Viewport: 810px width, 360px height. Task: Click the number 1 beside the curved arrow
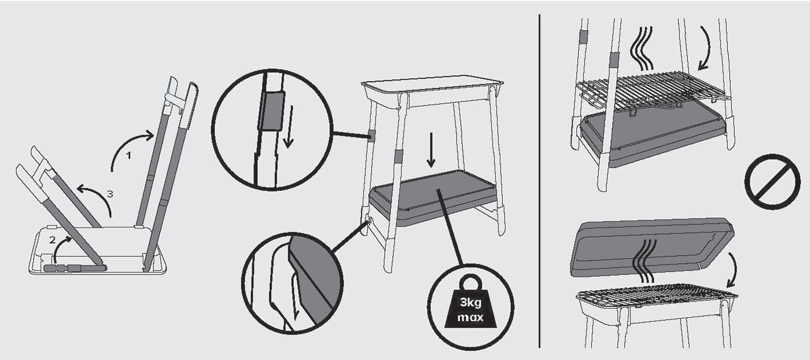point(128,156)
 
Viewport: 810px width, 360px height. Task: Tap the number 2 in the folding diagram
point(53,240)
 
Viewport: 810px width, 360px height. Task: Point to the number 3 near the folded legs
point(110,194)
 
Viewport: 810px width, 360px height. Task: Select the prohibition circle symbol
point(772,181)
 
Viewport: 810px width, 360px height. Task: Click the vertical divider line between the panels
point(539,181)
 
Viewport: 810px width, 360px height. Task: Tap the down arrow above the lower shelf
point(430,150)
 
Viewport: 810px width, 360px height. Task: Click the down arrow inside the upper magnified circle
point(289,127)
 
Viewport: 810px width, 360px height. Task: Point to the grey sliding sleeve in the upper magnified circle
point(271,111)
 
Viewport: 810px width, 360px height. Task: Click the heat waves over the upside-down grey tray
point(644,260)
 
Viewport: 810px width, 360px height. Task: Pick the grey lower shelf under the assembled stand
point(432,198)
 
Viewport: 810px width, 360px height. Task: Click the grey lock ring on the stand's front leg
point(398,156)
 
